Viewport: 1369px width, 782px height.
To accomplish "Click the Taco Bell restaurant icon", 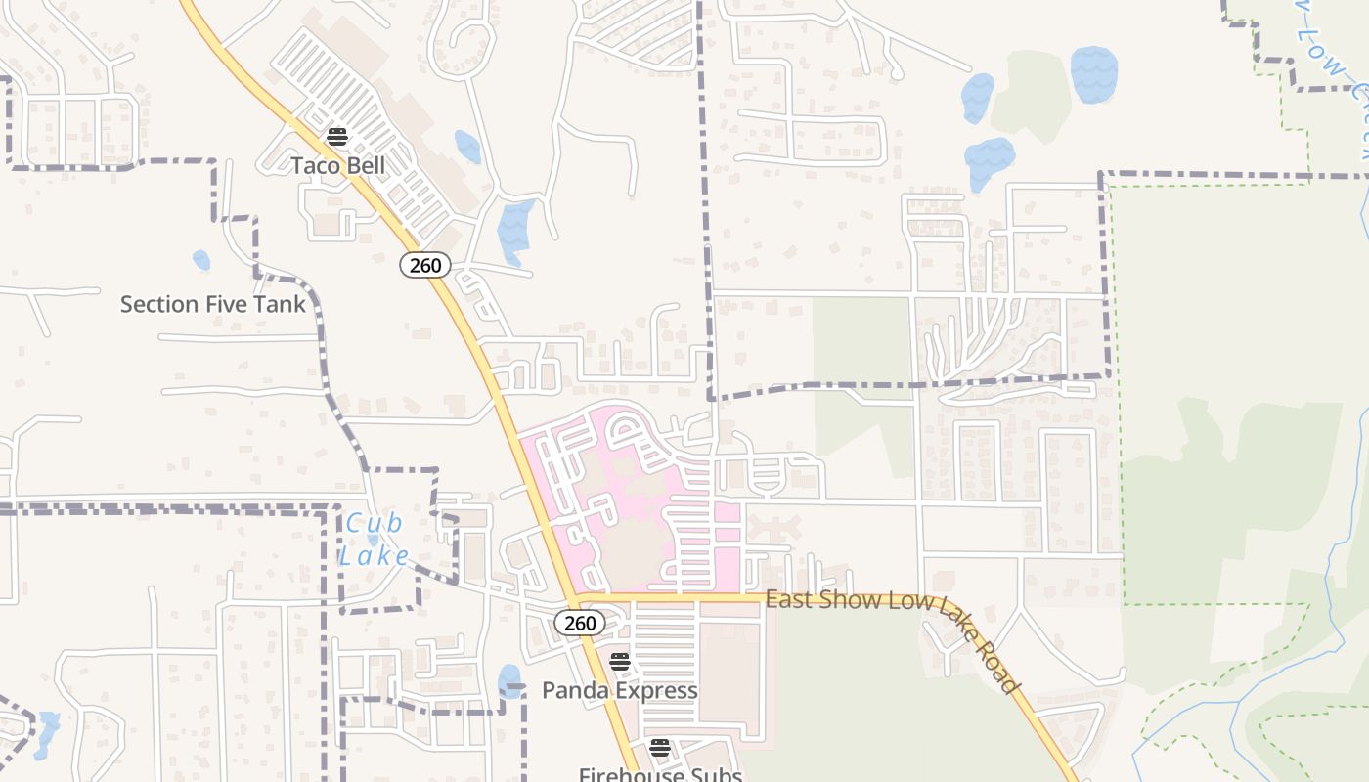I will [x=337, y=136].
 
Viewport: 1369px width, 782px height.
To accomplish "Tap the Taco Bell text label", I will [x=338, y=165].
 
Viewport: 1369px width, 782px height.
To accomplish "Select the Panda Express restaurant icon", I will [x=619, y=662].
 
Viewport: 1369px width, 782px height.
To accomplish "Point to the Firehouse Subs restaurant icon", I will [x=660, y=748].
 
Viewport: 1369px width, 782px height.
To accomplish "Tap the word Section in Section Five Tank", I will [x=158, y=304].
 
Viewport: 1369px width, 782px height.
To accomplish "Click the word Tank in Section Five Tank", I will [x=282, y=304].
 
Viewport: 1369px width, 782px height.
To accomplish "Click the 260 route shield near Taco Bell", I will [x=424, y=264].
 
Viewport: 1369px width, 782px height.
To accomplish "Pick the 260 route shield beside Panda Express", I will [x=579, y=623].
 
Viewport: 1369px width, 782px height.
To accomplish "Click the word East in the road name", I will [x=788, y=598].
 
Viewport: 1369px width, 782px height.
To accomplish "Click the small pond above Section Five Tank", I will [x=200, y=260].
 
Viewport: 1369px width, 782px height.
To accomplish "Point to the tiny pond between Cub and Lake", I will [x=373, y=540].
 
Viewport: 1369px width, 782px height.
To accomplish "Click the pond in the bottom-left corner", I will [x=46, y=735].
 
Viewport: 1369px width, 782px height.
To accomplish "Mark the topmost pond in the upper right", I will [x=1093, y=74].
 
